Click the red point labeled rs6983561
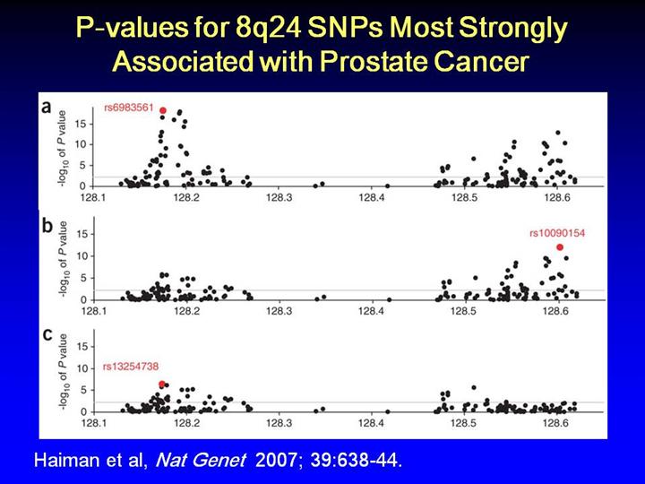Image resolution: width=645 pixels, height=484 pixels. click(163, 110)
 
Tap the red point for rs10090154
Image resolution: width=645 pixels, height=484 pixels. click(560, 247)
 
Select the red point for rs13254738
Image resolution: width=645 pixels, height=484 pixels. click(162, 384)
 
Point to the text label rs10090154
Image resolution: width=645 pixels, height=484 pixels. click(556, 233)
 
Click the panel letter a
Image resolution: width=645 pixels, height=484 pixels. click(47, 108)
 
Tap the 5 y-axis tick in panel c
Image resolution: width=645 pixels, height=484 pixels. click(82, 391)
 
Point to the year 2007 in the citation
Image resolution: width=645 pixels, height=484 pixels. click(276, 462)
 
